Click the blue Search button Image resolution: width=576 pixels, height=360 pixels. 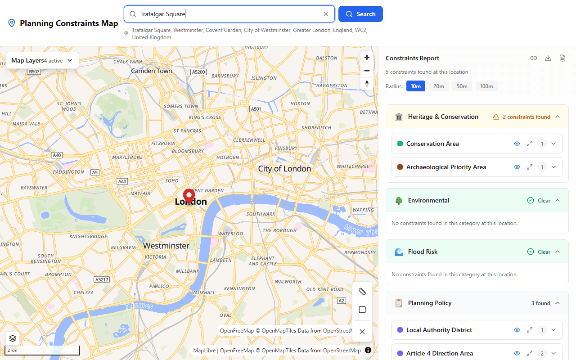[x=360, y=14]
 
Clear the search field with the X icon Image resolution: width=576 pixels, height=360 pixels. [x=326, y=14]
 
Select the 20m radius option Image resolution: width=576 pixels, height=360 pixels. [x=439, y=86]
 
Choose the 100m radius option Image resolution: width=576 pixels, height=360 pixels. [x=486, y=86]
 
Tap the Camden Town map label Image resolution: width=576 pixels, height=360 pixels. [x=151, y=71]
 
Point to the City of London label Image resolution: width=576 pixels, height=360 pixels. [x=284, y=169]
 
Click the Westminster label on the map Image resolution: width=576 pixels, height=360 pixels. [x=166, y=246]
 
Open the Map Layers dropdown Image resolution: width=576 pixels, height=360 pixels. [x=42, y=60]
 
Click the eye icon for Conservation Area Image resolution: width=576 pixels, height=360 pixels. [x=517, y=144]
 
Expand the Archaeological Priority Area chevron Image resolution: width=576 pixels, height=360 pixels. [x=553, y=167]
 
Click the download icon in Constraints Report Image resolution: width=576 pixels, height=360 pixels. [x=548, y=58]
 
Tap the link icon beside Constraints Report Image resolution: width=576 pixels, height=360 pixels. [x=534, y=58]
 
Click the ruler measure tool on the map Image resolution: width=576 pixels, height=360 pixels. [x=362, y=292]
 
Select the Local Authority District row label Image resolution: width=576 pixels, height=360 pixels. [x=439, y=330]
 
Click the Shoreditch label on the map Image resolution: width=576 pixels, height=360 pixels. [x=316, y=127]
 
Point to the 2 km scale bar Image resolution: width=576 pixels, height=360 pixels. [x=43, y=350]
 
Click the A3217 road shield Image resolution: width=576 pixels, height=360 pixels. [x=102, y=279]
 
